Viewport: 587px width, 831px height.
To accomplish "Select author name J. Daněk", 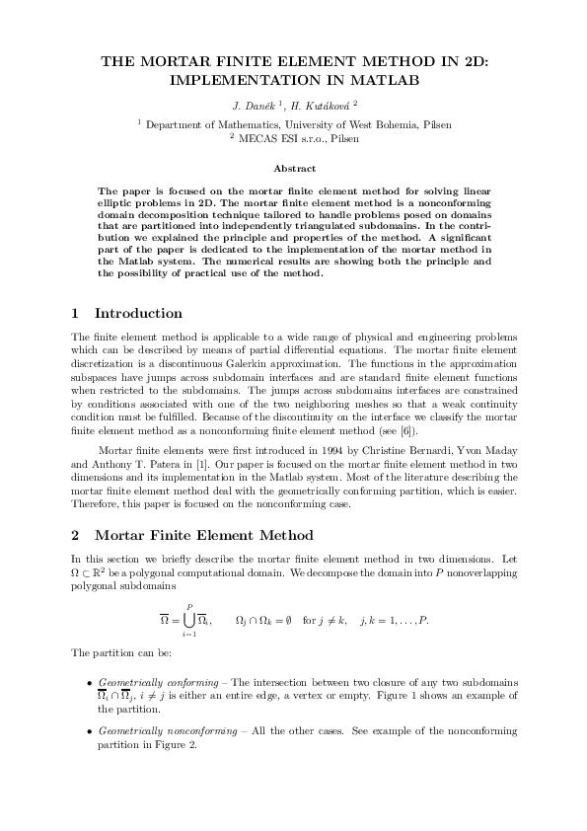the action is (252, 105).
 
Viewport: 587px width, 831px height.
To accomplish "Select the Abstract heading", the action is (293, 169).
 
